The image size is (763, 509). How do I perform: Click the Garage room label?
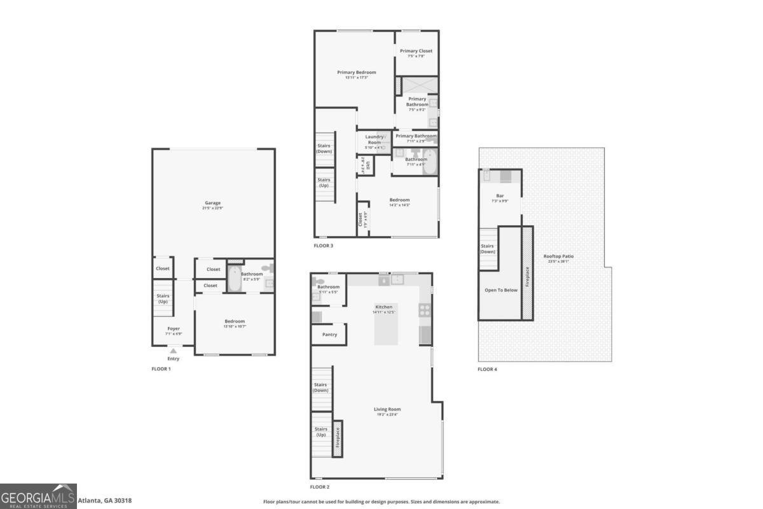point(212,203)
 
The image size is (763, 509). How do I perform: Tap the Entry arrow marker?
point(173,350)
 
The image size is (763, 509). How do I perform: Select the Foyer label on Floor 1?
point(174,329)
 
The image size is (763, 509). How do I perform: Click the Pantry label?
point(329,335)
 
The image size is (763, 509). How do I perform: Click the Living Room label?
point(387,409)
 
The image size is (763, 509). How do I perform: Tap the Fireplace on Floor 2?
point(338,440)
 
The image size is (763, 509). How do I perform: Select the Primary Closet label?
point(416,50)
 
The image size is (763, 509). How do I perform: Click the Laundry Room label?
point(374,139)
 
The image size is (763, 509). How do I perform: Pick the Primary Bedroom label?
point(356,73)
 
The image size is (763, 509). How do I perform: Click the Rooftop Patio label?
point(558,256)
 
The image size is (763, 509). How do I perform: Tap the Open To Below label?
point(501,290)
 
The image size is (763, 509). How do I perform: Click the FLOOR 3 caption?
point(323,246)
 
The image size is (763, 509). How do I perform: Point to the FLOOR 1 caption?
point(161,369)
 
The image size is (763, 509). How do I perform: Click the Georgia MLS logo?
point(38,496)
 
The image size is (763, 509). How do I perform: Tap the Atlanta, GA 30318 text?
point(104,501)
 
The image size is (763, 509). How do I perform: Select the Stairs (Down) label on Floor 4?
point(487,249)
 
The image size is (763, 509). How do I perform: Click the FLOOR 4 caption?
point(488,369)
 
